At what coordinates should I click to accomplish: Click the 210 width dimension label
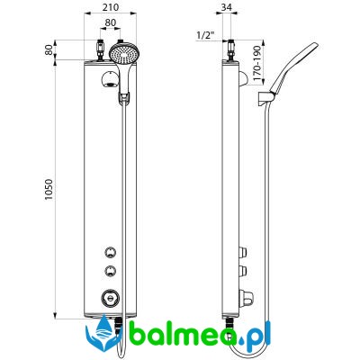point(111,7)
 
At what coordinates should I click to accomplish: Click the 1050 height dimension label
point(49,190)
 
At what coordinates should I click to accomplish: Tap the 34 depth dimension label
point(227,7)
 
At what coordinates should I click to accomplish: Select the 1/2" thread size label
point(205,35)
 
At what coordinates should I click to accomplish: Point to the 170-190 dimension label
point(257,63)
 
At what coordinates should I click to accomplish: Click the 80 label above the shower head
point(111,22)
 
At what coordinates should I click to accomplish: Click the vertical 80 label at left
point(49,49)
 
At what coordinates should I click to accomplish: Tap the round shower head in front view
point(122,54)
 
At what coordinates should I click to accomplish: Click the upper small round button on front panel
point(110,252)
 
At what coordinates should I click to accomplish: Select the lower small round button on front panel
point(110,271)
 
